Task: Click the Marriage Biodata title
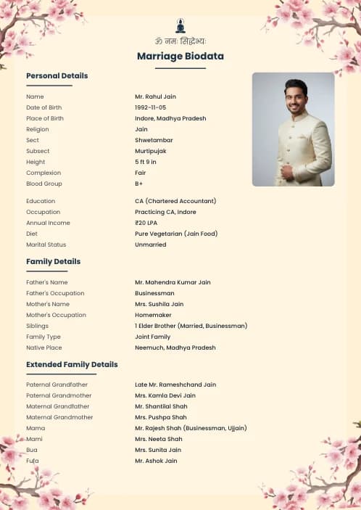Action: coord(180,56)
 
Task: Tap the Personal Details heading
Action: coord(57,75)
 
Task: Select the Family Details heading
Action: coord(53,261)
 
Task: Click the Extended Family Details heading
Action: coord(72,364)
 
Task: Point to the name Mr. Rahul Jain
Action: coord(155,96)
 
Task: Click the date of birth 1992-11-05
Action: coord(151,107)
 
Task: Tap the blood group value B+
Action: coord(139,184)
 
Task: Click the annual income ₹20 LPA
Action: coord(146,223)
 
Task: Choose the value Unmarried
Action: coord(150,244)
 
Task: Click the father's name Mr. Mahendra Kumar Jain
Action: coord(173,282)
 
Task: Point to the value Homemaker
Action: coord(152,315)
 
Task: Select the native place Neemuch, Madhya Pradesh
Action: coord(175,347)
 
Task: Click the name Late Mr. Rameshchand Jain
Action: coord(175,384)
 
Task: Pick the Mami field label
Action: coord(34,439)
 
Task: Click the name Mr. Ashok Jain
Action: coord(156,461)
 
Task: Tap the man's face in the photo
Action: coord(296,99)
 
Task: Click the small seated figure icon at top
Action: coord(180,26)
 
